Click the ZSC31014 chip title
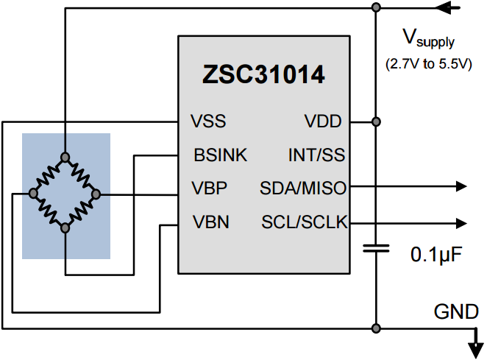[x=263, y=74]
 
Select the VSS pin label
[x=208, y=121]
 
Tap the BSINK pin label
[x=220, y=155]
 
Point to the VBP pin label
[x=210, y=188]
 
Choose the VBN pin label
[x=210, y=222]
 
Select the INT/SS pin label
[x=316, y=155]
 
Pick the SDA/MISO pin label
[x=302, y=188]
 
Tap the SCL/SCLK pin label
[x=304, y=222]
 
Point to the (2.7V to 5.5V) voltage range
[x=427, y=64]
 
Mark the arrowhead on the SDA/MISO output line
[x=461, y=186]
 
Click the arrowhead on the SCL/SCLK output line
[x=461, y=222]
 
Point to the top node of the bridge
[x=65, y=157]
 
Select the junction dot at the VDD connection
[x=376, y=121]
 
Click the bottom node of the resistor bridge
[x=65, y=228]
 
